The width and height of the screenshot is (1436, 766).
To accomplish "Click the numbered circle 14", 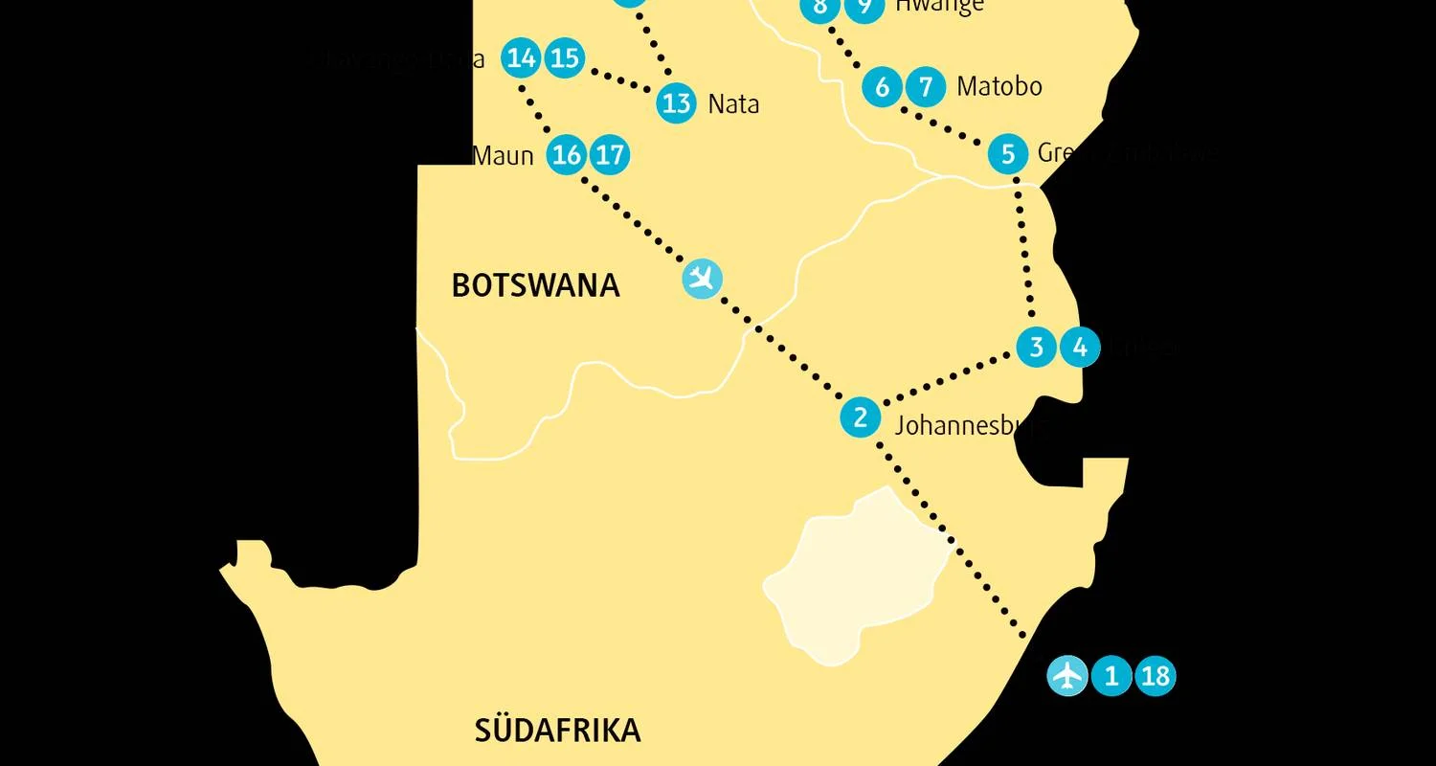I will click(x=521, y=58).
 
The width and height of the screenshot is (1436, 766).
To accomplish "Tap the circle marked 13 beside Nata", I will click(x=677, y=102).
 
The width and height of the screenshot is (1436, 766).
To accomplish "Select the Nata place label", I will click(x=733, y=103).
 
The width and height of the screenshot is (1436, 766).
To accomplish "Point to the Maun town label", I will click(x=504, y=154).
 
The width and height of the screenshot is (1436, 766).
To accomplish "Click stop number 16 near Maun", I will click(x=567, y=154).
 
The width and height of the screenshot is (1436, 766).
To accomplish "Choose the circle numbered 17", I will click(x=610, y=154).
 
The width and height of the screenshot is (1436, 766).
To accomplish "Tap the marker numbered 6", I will click(x=882, y=87).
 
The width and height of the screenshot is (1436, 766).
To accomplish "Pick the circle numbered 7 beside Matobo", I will click(x=925, y=87).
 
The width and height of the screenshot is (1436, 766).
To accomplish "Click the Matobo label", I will click(x=999, y=87).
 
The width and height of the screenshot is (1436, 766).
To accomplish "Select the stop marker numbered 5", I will click(x=1007, y=154).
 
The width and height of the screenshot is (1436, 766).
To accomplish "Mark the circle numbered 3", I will click(x=1036, y=347).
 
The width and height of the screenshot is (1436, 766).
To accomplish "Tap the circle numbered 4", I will click(x=1080, y=347).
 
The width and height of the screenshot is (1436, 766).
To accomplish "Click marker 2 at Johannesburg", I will click(x=860, y=417).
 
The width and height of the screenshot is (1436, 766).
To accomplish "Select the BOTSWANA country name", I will click(x=535, y=285).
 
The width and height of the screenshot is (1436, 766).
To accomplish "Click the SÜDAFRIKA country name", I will click(x=557, y=731).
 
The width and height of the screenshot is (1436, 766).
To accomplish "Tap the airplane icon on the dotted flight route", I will click(x=703, y=279).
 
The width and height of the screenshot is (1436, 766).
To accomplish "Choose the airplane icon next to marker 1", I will click(x=1066, y=676).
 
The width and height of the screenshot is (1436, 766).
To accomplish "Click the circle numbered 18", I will click(x=1156, y=676).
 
